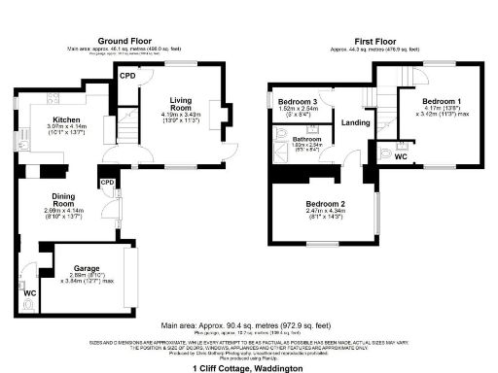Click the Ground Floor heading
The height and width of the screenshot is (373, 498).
[122, 40]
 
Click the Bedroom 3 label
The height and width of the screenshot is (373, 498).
[298, 102]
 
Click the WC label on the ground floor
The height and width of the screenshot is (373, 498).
[30, 291]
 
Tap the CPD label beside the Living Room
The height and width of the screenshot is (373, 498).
[126, 75]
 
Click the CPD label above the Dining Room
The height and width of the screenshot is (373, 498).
[107, 182]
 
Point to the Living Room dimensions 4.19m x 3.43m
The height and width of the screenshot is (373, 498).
[180, 118]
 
